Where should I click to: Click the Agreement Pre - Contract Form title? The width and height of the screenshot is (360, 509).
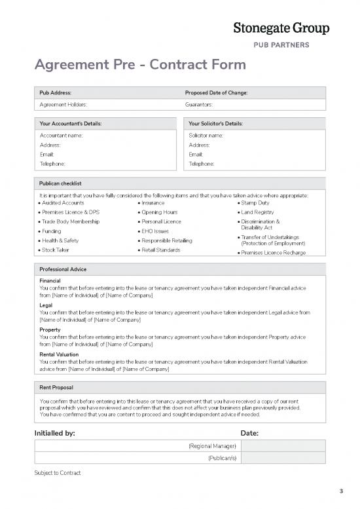coord(140,65)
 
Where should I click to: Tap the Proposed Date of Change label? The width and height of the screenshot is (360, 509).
coord(216,92)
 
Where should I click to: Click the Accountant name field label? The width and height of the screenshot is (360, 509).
coord(62,135)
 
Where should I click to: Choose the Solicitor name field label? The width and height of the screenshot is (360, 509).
coord(206,135)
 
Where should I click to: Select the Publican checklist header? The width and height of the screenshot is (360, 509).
coord(60,183)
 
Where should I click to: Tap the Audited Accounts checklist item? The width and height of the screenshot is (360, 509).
coord(62,203)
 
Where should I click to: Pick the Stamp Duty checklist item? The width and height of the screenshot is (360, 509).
coord(255,203)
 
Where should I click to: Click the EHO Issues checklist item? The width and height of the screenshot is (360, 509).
coord(156,231)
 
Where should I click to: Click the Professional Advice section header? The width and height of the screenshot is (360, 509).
coord(63,269)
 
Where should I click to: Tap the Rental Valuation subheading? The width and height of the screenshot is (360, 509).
coord(59,354)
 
